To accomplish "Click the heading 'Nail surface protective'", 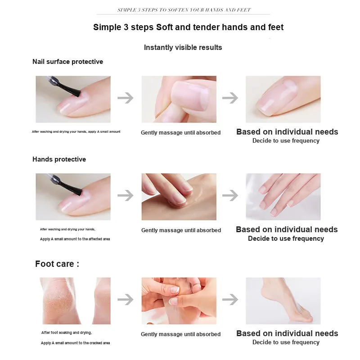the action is click(68, 62).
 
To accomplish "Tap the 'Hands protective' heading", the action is click(59, 159).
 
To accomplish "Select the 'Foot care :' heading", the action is click(57, 264).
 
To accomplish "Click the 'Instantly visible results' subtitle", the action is click(183, 47).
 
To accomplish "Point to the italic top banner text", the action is click(184, 10).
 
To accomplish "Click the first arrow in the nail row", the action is click(126, 98).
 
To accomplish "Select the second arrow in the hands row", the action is click(230, 195).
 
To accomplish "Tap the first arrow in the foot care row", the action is click(126, 299).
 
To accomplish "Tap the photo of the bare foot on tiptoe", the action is click(283, 301).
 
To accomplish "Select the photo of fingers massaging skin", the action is click(179, 197).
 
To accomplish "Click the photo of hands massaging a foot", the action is click(179, 301).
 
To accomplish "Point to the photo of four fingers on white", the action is click(283, 197).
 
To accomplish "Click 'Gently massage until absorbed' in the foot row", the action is click(181, 334).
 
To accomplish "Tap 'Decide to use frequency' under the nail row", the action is click(286, 140).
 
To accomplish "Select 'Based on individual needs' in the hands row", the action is click(287, 229).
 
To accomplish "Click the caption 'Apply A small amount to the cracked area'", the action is click(75, 343).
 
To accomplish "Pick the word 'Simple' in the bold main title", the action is click(107, 27).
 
